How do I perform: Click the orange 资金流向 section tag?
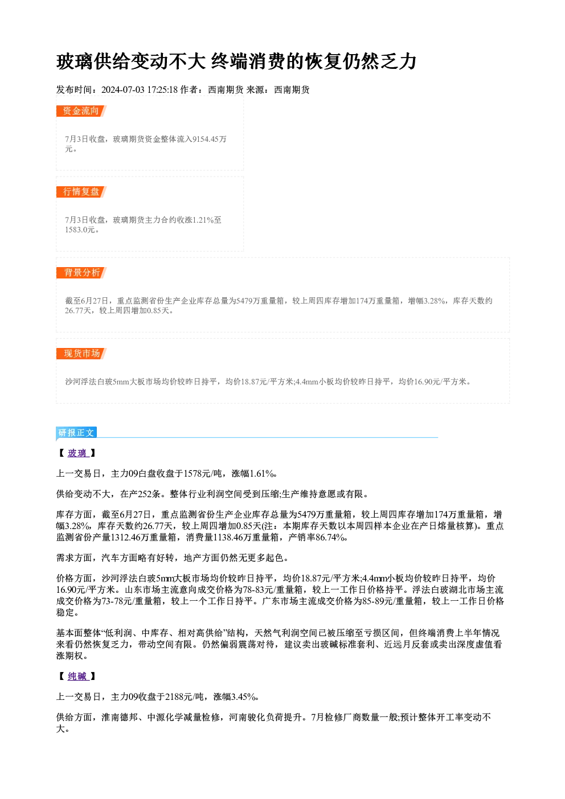pos(81,111)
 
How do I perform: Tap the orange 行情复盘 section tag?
pos(81,192)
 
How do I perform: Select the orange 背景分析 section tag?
pos(81,273)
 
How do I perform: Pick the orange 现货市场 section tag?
pos(81,354)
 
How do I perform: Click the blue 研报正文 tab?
pos(76,432)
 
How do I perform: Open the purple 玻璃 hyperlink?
pos(77,453)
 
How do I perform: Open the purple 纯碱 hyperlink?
pos(77,677)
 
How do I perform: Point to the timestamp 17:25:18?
pos(162,90)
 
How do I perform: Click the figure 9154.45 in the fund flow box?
pos(205,139)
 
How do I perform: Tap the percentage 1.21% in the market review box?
pos(203,220)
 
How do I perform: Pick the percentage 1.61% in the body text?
pos(261,474)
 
